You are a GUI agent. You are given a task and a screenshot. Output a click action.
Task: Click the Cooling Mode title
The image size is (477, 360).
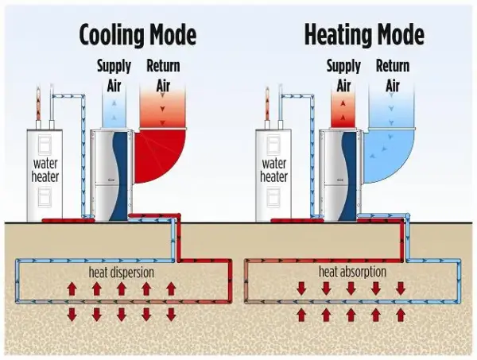[x=137, y=35]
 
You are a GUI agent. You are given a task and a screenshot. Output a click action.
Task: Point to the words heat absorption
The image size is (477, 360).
[x=352, y=272]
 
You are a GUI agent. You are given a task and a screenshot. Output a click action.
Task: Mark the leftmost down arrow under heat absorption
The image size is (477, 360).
[x=301, y=288]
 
